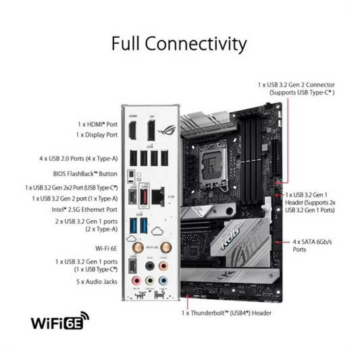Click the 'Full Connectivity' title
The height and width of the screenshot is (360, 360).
(179, 45)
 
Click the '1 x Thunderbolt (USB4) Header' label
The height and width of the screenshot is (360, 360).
(227, 313)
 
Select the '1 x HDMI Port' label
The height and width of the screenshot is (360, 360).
(97, 124)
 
